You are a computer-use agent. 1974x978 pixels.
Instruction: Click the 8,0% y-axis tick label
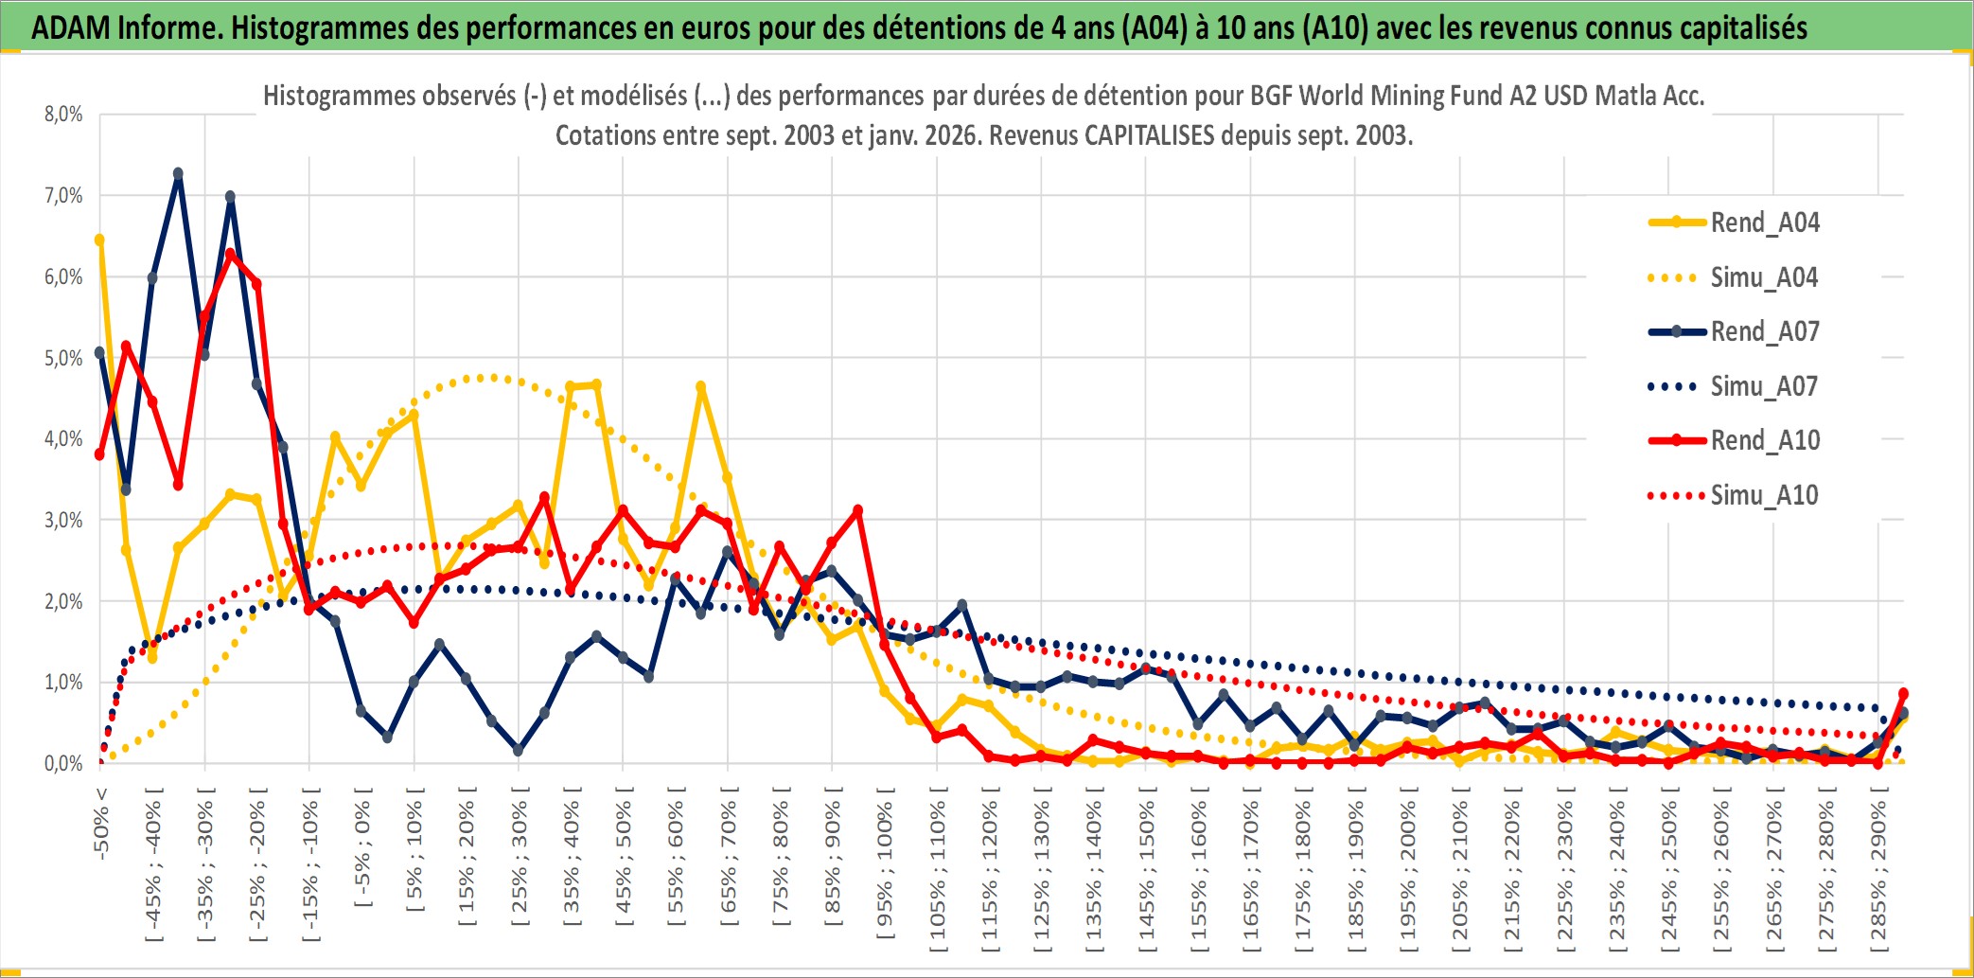coord(63,115)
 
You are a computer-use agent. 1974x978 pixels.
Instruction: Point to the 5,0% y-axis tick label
coord(63,358)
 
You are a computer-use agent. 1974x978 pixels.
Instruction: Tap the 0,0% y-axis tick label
coord(63,763)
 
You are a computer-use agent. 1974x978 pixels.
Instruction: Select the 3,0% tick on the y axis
coord(63,520)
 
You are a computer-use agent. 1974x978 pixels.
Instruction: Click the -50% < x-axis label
coord(101,823)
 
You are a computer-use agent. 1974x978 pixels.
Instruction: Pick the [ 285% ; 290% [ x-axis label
coord(1878,875)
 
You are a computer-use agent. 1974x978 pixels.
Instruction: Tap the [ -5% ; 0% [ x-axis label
coord(362,846)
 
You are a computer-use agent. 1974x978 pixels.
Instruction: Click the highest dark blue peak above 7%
coord(178,174)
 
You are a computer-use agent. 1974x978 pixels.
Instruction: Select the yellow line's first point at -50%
coord(99,240)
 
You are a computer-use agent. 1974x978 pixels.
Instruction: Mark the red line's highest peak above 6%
coord(230,254)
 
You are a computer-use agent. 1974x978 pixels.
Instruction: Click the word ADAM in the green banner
coord(71,27)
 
